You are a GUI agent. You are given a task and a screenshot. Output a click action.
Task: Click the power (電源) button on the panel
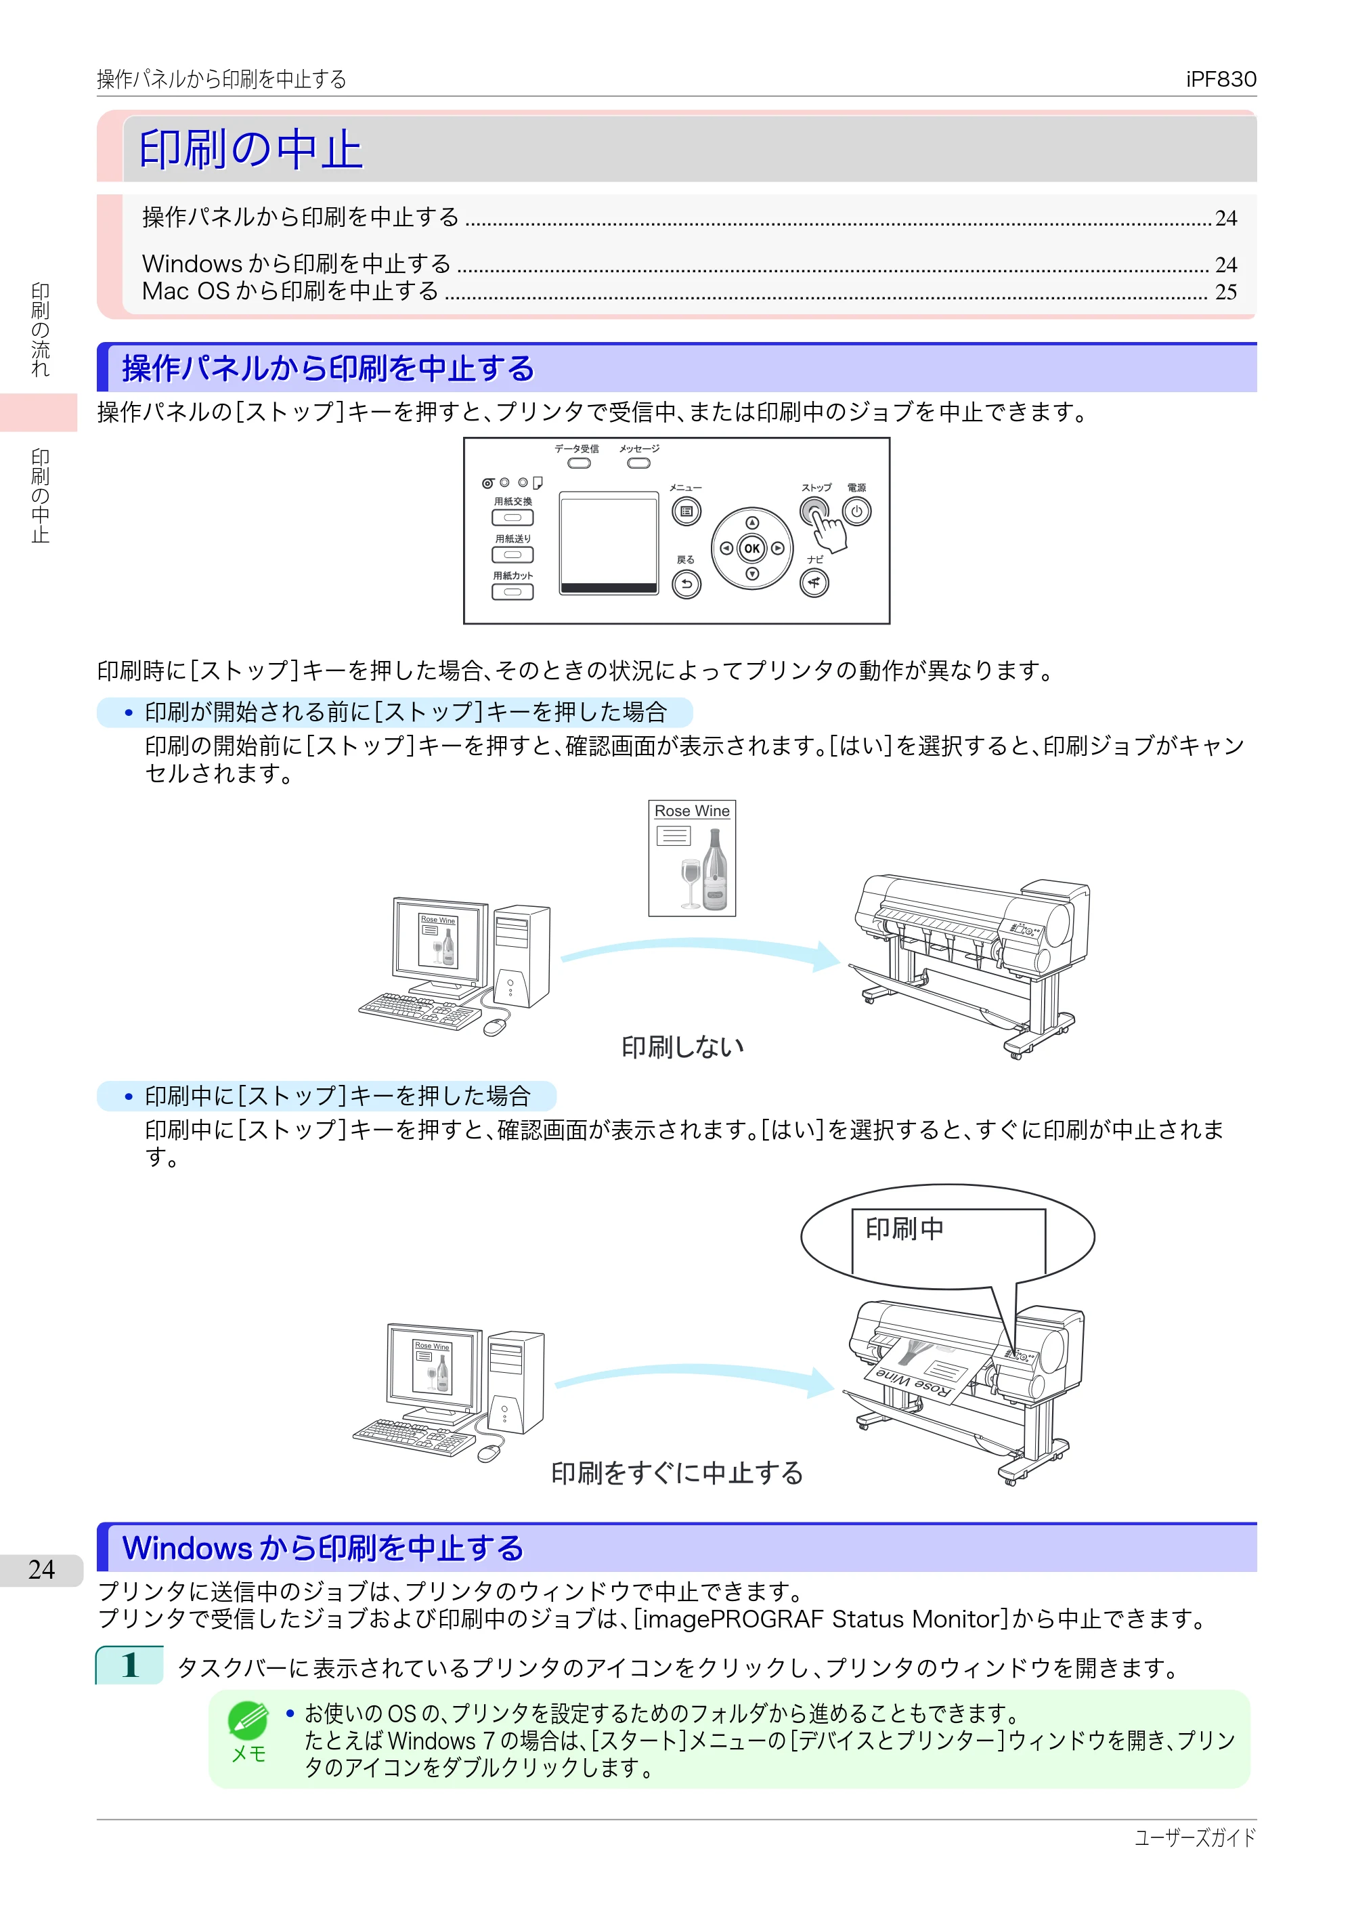[x=857, y=511]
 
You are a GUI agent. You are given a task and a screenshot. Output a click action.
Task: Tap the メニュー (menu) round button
[x=686, y=511]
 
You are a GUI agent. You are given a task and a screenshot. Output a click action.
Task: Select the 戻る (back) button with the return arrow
[x=686, y=584]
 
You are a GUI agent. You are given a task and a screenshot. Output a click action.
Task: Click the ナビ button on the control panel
[x=814, y=582]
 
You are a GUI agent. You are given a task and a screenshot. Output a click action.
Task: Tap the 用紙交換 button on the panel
[x=512, y=517]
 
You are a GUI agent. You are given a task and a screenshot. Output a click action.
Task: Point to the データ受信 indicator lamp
[x=578, y=463]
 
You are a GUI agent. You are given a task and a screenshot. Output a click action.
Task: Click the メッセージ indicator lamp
[x=639, y=463]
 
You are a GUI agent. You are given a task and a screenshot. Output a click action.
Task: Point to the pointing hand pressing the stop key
[x=829, y=532]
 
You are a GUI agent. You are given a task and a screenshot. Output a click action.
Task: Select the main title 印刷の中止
[x=250, y=150]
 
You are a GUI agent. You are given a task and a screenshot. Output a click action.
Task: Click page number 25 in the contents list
[x=1225, y=292]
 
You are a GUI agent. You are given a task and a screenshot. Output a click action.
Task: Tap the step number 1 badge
[x=129, y=1665]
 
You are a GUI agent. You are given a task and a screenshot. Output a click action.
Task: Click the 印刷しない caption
[x=682, y=1046]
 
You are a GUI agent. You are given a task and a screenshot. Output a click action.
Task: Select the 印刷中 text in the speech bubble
[x=904, y=1229]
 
